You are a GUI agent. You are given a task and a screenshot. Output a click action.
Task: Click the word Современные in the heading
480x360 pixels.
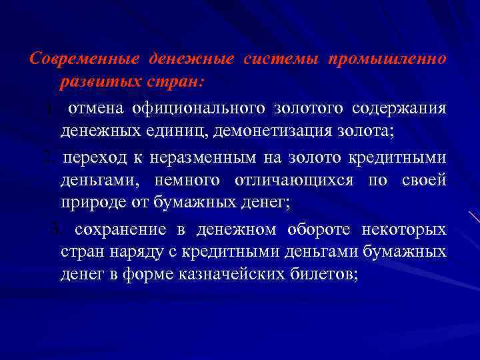(x=85, y=59)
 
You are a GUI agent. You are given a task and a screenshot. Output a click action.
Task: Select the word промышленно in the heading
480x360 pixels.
(x=387, y=59)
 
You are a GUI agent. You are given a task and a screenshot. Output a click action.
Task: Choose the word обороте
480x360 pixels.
(x=320, y=229)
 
